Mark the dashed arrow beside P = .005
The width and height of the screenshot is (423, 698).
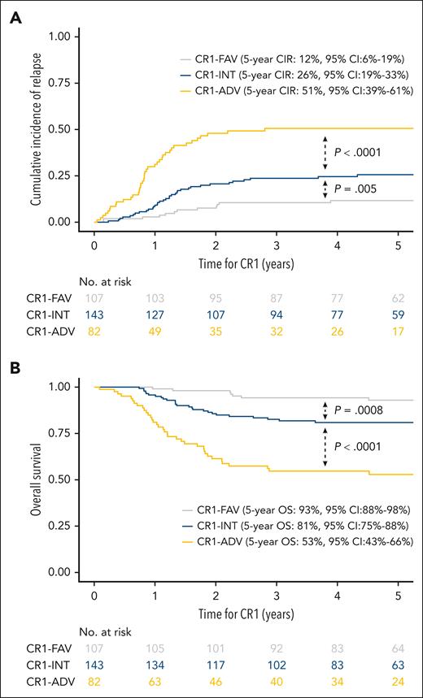(325, 189)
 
